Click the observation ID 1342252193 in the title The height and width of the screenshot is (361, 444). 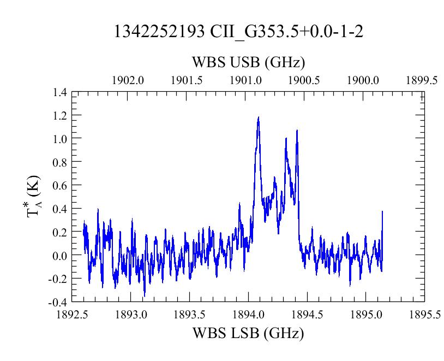pyautogui.click(x=159, y=31)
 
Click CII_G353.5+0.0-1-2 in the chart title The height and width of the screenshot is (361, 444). pyautogui.click(x=286, y=32)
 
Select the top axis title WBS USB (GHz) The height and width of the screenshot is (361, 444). pyautogui.click(x=249, y=62)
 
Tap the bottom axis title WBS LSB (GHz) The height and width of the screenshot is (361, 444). pyautogui.click(x=248, y=333)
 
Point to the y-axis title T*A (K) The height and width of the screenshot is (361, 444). pyautogui.click(x=34, y=197)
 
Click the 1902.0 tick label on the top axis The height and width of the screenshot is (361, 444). pyautogui.click(x=128, y=80)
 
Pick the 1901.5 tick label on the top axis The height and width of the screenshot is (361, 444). pyautogui.click(x=187, y=80)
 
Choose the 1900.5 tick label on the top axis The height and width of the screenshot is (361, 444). pyautogui.click(x=304, y=80)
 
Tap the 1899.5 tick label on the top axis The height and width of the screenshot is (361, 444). pyautogui.click(x=422, y=80)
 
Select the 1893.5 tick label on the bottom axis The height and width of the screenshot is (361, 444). pyautogui.click(x=189, y=315)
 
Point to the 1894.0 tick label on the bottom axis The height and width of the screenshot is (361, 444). pyautogui.click(x=248, y=315)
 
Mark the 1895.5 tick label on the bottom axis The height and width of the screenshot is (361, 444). pyautogui.click(x=425, y=315)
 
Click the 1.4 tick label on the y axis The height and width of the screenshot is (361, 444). pyautogui.click(x=59, y=92)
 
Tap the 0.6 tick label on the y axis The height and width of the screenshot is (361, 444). pyautogui.click(x=59, y=186)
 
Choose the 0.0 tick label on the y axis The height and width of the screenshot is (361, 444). pyautogui.click(x=59, y=256)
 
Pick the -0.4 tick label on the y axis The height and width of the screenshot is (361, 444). pyautogui.click(x=57, y=303)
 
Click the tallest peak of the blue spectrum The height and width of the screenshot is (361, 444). pyautogui.click(x=258, y=117)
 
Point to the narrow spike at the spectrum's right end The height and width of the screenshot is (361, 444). pyautogui.click(x=382, y=211)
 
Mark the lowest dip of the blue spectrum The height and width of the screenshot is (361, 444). pyautogui.click(x=145, y=296)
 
